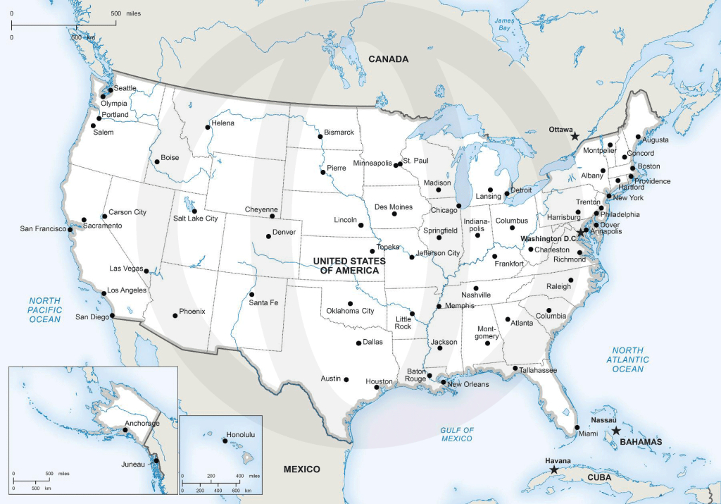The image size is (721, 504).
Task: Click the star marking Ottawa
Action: tap(575, 135)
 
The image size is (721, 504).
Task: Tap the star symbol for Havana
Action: tap(554, 469)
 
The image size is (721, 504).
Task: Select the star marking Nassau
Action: tap(616, 431)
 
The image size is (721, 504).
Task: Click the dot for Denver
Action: tap(268, 235)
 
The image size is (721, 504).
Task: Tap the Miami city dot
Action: tap(577, 427)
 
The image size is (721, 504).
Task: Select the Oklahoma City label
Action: tap(350, 311)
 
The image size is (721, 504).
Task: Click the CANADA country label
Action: tap(388, 59)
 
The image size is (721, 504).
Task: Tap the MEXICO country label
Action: tap(301, 469)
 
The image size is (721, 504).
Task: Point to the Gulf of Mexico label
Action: tap(457, 434)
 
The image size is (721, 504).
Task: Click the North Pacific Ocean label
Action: tap(45, 309)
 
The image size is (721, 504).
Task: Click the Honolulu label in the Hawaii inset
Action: tap(240, 435)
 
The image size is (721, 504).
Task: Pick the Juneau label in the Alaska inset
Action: tap(132, 464)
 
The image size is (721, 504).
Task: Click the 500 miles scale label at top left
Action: tap(126, 14)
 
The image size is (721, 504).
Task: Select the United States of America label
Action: tap(349, 266)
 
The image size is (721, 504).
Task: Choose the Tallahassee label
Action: tap(539, 370)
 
